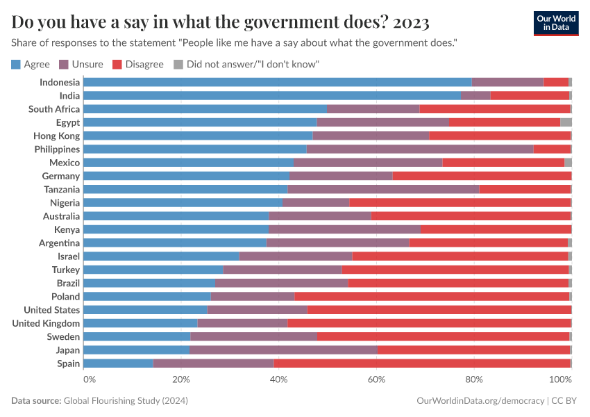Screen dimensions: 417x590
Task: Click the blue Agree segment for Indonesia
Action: pos(278,82)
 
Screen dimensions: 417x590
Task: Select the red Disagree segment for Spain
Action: pos(421,363)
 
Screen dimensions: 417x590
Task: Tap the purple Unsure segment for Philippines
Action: pos(420,149)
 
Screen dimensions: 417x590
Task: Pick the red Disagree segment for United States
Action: pos(439,310)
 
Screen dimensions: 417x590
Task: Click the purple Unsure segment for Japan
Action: pos(283,350)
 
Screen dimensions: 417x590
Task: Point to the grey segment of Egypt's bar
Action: pos(566,122)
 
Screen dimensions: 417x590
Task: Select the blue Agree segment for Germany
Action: pos(187,176)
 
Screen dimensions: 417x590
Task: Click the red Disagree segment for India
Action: pos(530,95)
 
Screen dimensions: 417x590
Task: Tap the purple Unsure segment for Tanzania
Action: pos(383,189)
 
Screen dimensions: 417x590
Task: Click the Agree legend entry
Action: pos(31,64)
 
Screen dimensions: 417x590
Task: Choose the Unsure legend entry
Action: pos(81,64)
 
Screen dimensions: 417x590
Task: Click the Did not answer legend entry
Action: pos(246,64)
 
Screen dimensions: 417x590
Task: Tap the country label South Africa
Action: pos(54,109)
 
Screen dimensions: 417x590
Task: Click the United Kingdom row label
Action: pos(46,323)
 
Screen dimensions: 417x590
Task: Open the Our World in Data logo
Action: pos(555,23)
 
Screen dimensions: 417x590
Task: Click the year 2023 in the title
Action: pos(411,22)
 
